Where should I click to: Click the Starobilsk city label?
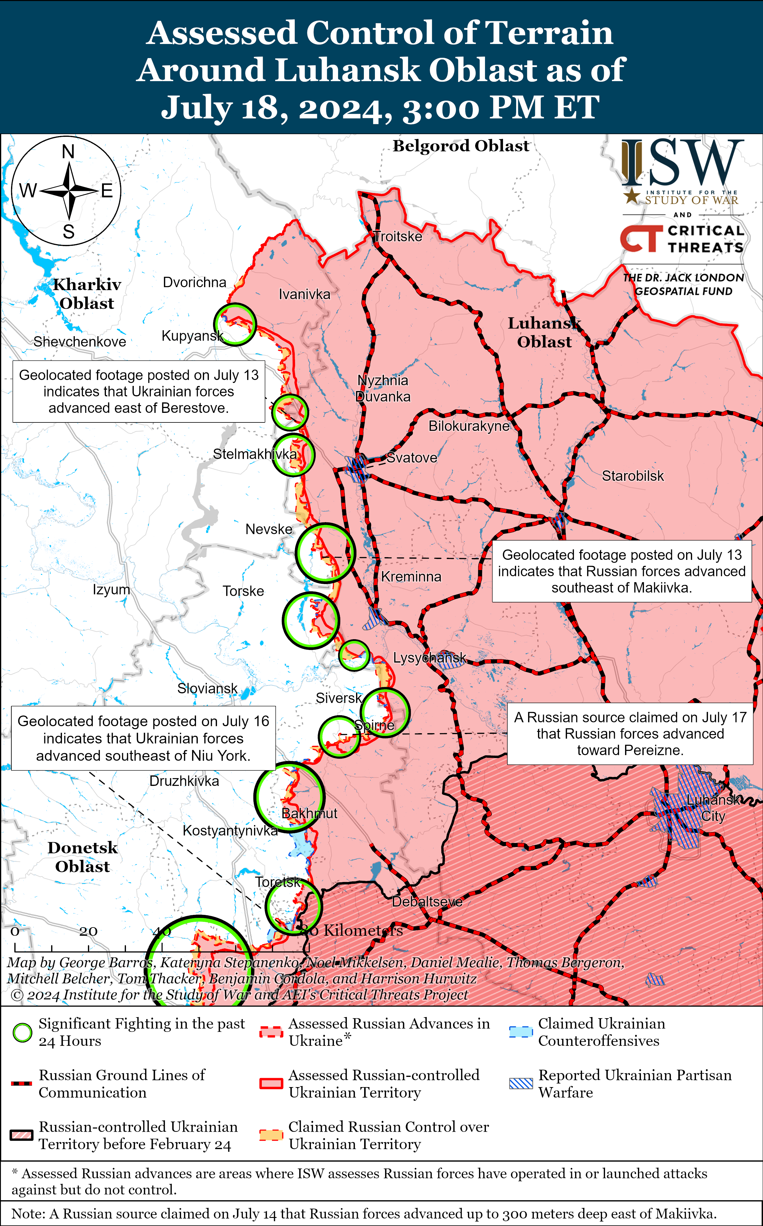(x=633, y=476)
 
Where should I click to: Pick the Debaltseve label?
(x=427, y=901)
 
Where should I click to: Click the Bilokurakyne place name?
(x=469, y=426)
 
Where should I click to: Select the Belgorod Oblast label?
(x=461, y=146)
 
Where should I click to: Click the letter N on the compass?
(x=68, y=151)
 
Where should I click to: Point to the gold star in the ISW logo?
(x=632, y=196)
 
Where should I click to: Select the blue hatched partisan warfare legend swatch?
(x=521, y=1083)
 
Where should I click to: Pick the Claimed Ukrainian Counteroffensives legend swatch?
(x=521, y=1032)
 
